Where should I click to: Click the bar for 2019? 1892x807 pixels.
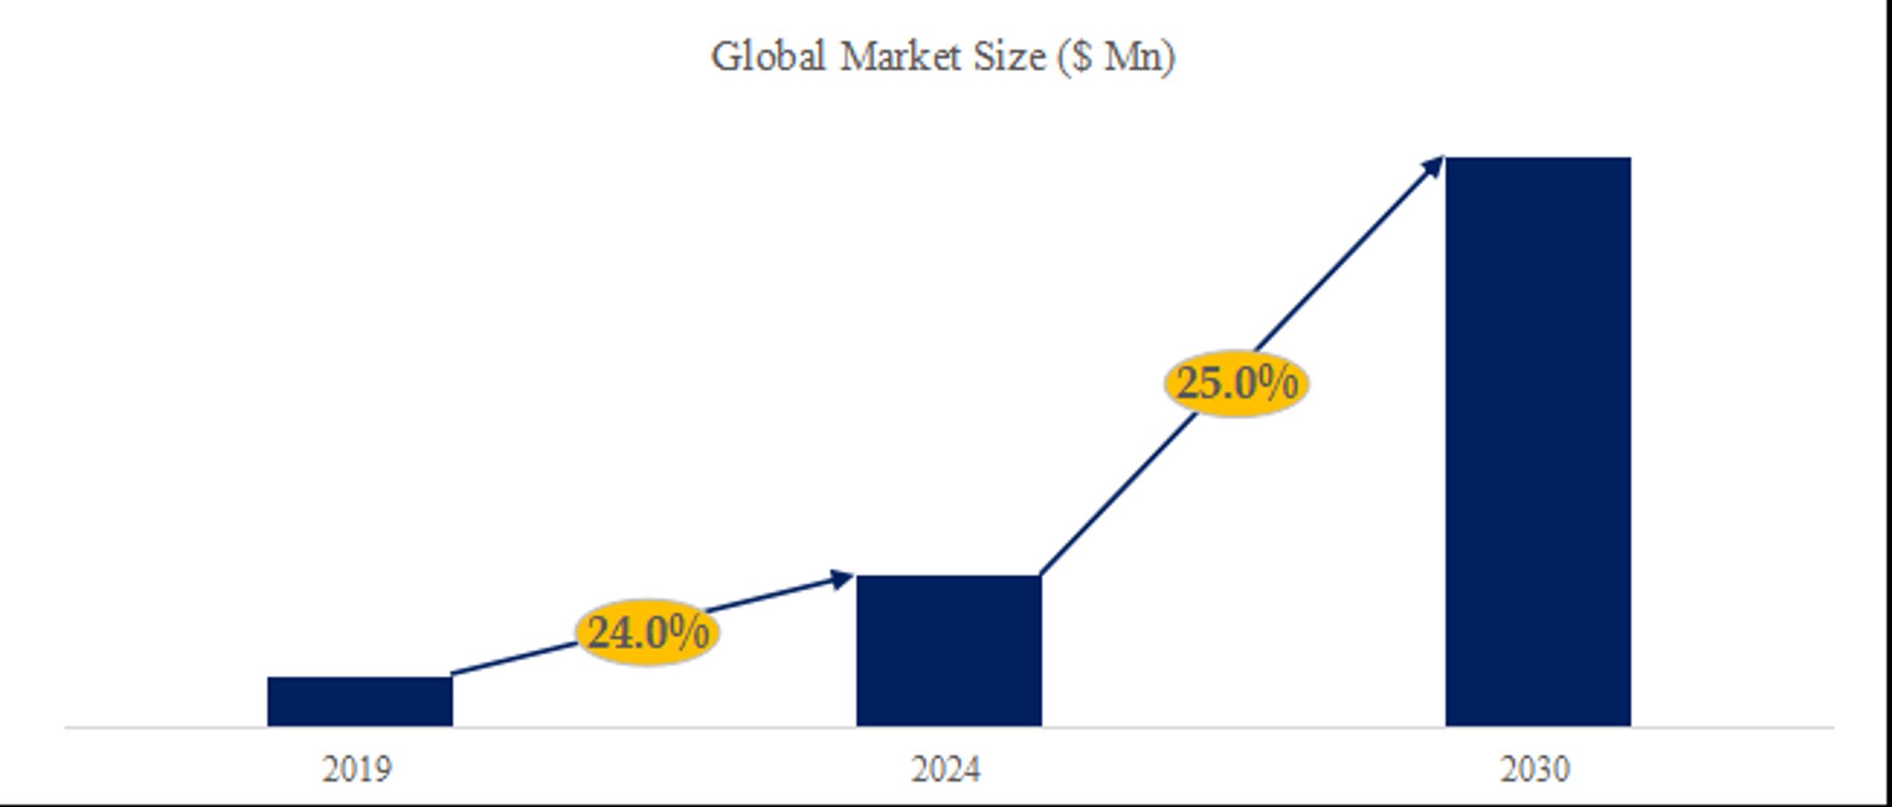(360, 701)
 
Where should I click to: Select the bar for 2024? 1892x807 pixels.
(949, 650)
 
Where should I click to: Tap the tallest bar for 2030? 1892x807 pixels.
(1538, 441)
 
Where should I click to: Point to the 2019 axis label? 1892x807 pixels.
(357, 769)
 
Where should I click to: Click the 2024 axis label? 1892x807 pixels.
(946, 769)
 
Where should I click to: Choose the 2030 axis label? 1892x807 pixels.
(1535, 769)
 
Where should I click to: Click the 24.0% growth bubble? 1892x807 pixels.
(648, 632)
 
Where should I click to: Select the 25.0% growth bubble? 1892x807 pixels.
(1236, 383)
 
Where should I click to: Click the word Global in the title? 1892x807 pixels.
(768, 57)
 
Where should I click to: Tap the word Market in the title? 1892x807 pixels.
(901, 57)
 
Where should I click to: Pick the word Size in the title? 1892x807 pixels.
(1009, 57)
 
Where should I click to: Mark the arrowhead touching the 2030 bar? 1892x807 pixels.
(1435, 165)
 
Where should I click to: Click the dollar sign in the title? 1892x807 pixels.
(1082, 57)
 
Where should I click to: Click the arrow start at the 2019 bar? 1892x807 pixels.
(456, 673)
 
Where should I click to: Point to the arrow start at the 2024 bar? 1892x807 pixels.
(1043, 572)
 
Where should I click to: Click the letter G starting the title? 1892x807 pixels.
(725, 57)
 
